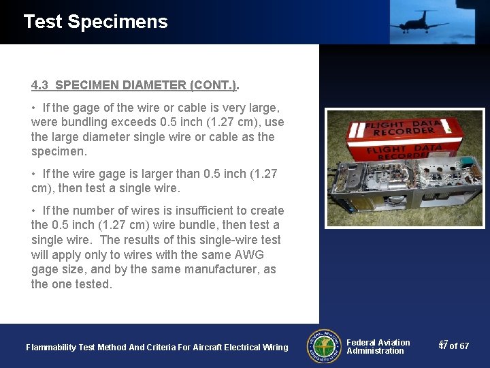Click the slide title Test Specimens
pyautogui.click(x=95, y=22)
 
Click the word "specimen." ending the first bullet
pyautogui.click(x=59, y=152)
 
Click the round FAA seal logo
pyautogui.click(x=324, y=346)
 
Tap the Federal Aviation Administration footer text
pyautogui.click(x=378, y=347)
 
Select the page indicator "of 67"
pyautogui.click(x=459, y=346)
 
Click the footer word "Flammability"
pyautogui.click(x=51, y=348)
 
